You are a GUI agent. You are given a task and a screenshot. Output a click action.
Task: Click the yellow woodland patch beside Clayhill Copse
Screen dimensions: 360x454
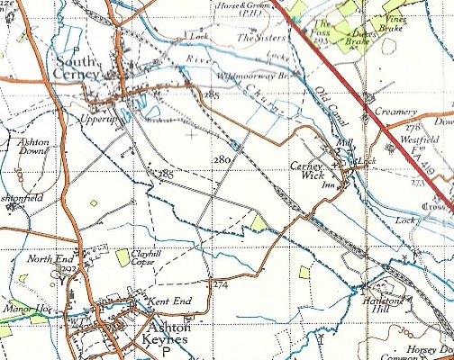[123, 257]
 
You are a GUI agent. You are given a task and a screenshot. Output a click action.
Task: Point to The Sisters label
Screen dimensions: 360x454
[260, 37]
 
